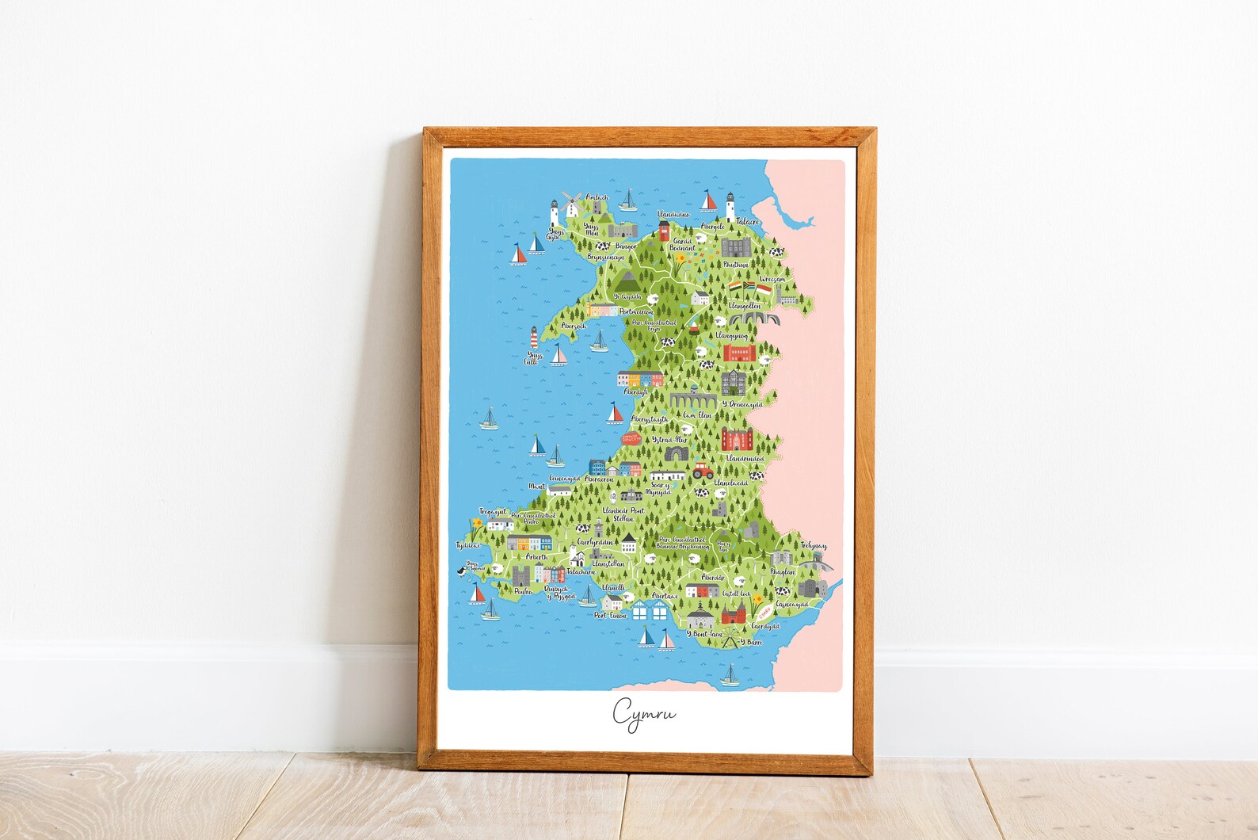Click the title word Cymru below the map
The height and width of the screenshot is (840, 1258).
coord(643,712)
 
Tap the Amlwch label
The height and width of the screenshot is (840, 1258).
coord(597,197)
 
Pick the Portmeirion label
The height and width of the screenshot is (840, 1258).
coord(635,312)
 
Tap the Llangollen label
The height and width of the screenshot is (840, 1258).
coord(744,305)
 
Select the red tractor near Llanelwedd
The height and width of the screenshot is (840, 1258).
coord(702,470)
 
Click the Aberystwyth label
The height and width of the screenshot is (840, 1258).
coord(649,419)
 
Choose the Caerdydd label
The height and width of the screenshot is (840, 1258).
coord(765,626)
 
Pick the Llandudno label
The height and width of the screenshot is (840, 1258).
coord(673,214)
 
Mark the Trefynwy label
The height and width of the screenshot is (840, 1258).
coord(813,546)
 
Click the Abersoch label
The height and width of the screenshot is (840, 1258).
coord(574,326)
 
